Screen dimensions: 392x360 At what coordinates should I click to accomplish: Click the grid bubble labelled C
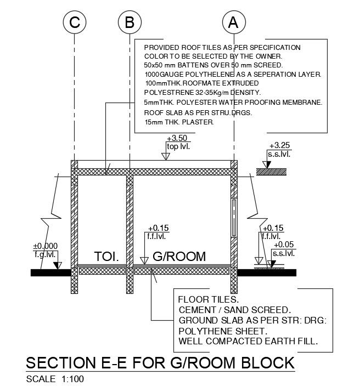click(x=75, y=22)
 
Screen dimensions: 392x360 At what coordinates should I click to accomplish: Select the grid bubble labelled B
click(x=130, y=22)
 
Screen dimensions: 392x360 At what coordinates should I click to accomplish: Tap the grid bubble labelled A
click(x=233, y=22)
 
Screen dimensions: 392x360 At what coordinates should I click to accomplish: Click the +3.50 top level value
click(x=177, y=138)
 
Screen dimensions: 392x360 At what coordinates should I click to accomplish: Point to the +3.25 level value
click(x=279, y=146)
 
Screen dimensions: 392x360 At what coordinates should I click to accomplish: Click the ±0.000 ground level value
click(x=46, y=246)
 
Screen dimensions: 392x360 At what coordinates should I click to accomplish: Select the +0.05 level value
click(x=284, y=245)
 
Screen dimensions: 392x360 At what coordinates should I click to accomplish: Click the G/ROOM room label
click(x=179, y=256)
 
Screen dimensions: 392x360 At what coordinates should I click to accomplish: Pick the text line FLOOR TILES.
click(x=209, y=300)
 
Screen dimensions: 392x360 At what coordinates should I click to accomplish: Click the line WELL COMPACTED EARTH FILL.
click(x=248, y=342)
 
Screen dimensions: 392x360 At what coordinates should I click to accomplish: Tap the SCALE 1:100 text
click(x=55, y=379)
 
